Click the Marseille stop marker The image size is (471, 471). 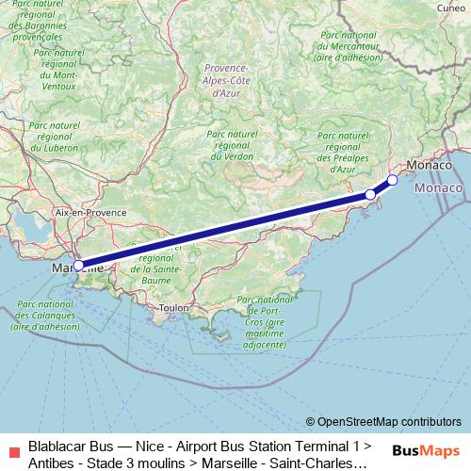(x=78, y=265)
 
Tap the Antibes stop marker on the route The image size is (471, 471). (x=370, y=194)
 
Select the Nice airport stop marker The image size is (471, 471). (x=392, y=179)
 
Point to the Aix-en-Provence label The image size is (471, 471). (x=91, y=213)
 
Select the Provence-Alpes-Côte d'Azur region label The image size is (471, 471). (x=225, y=81)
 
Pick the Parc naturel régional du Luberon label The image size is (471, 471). (x=53, y=136)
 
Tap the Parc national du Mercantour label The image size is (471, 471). (x=349, y=46)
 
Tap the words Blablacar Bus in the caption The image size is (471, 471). (x=68, y=444)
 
